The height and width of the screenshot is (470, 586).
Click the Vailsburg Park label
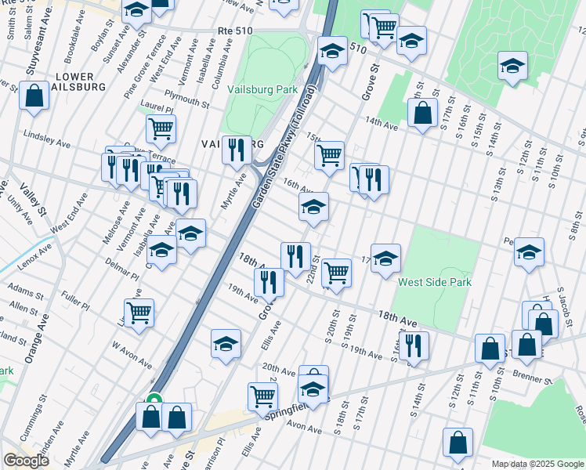[x=262, y=90]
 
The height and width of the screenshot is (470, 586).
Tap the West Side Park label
[x=434, y=282]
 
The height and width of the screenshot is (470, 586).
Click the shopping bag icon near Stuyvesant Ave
[x=34, y=96]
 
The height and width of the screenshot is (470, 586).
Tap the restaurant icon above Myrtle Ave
[x=236, y=148]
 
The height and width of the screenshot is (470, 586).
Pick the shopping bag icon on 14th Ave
[x=422, y=113]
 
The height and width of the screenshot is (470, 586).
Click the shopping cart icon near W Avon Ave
[x=139, y=312]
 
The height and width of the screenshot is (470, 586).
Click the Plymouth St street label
[x=186, y=102]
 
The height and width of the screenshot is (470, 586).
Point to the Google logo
[x=26, y=460]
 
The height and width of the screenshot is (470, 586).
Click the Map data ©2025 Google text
[x=537, y=464]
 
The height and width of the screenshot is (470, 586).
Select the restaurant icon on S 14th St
[x=413, y=345]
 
